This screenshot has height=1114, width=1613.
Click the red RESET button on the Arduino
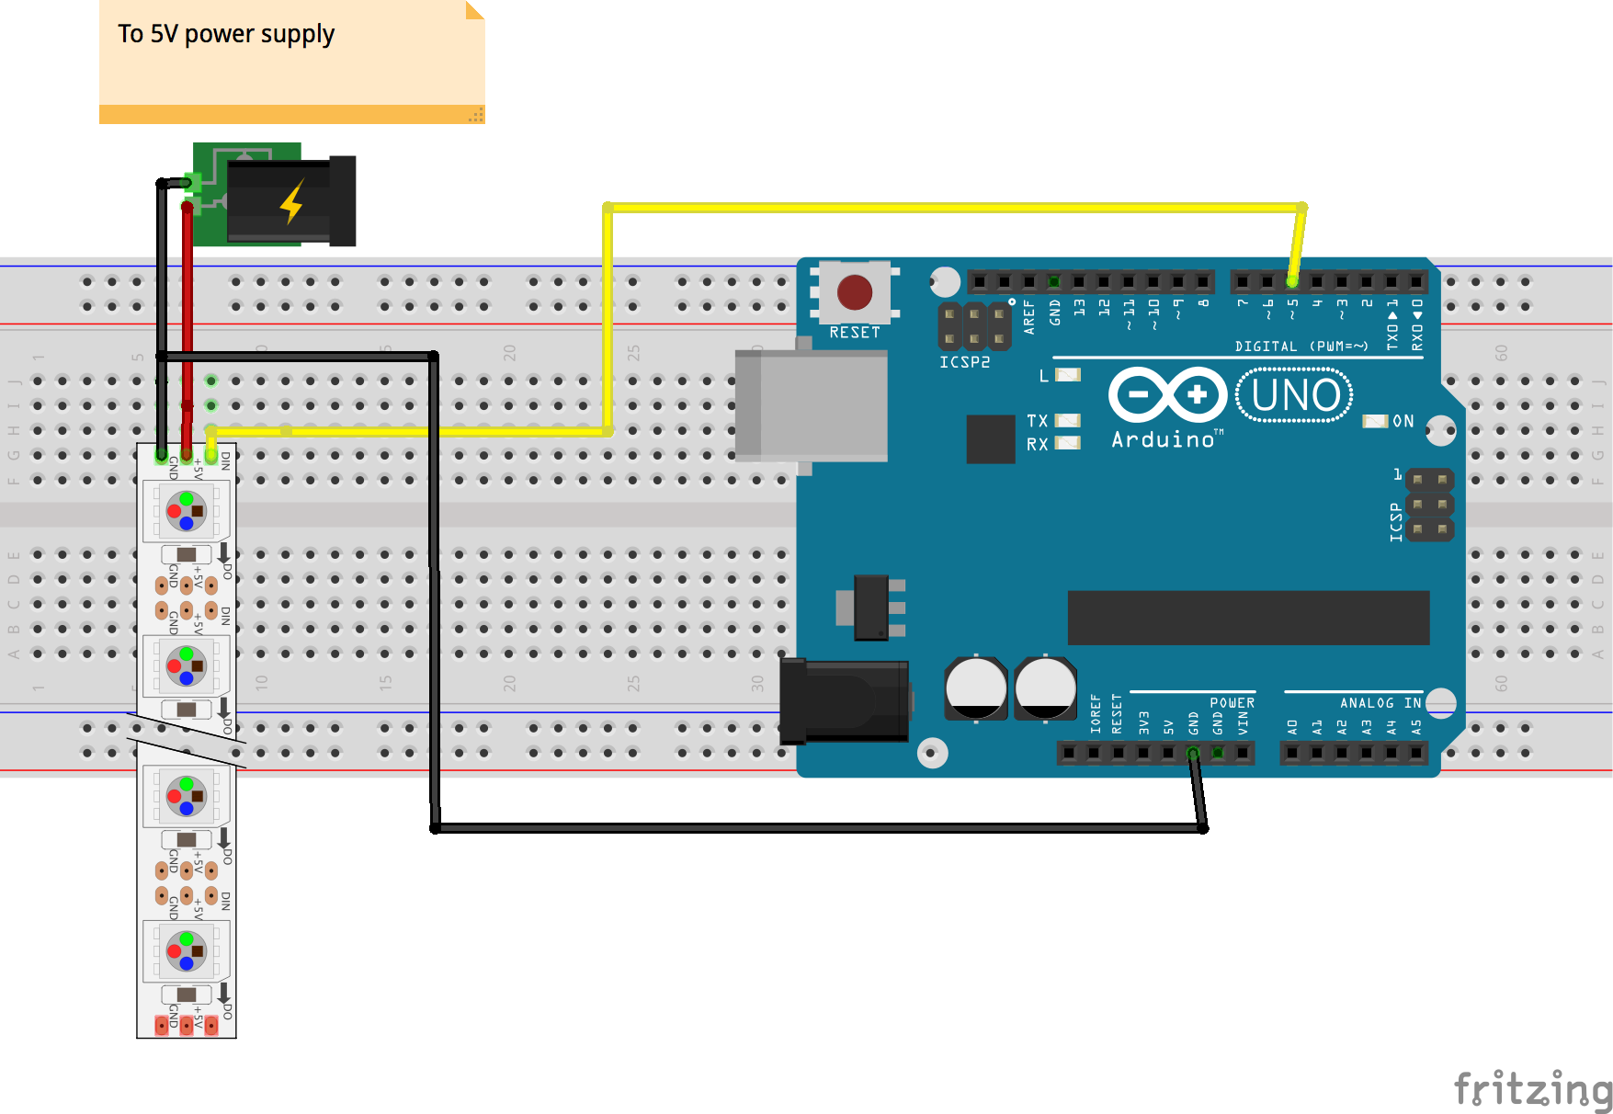(x=855, y=292)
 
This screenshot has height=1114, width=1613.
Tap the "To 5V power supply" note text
(x=226, y=34)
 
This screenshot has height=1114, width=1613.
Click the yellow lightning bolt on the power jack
(x=292, y=201)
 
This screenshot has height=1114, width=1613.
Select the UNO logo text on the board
(x=1295, y=395)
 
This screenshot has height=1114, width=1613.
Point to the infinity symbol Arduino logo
(x=1167, y=395)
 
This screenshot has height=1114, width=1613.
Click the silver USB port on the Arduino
(x=812, y=404)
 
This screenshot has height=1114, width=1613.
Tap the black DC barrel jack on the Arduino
(x=844, y=701)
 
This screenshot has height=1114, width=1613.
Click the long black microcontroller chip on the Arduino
(x=1248, y=618)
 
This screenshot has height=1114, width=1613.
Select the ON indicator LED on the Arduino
(x=1375, y=421)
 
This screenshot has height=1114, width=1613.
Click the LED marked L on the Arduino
(x=1067, y=375)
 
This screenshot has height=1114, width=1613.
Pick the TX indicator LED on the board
(x=1067, y=421)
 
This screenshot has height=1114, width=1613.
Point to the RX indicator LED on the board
(x=1067, y=443)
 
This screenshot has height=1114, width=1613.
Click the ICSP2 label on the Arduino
(x=964, y=362)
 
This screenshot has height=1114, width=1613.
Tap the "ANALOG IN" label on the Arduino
(x=1380, y=703)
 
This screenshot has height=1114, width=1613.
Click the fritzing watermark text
(x=1532, y=1089)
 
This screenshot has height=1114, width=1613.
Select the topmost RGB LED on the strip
(x=187, y=511)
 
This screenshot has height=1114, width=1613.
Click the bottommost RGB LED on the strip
(x=187, y=951)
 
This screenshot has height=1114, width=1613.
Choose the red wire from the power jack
(x=187, y=303)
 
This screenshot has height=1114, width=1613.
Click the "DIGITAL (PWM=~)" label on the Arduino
(x=1301, y=347)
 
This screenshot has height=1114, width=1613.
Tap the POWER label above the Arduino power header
(x=1232, y=703)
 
